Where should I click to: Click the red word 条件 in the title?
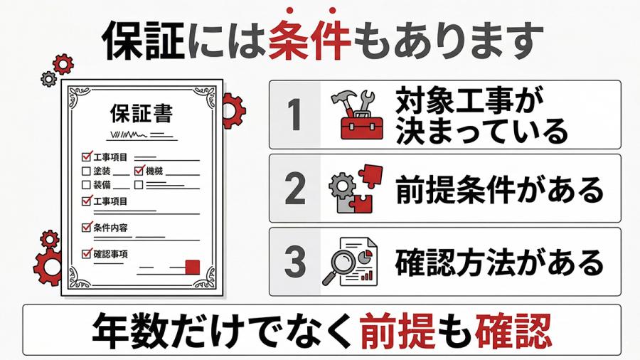tap(309, 40)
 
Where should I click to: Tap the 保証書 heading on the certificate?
tap(142, 113)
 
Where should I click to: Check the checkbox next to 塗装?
tap(86, 171)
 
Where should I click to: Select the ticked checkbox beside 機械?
tap(139, 171)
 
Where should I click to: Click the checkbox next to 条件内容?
tap(87, 227)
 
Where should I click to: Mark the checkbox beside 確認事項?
tap(87, 253)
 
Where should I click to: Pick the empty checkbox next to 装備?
tap(86, 185)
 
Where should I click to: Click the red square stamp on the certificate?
tap(193, 267)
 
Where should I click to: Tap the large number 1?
tap(294, 115)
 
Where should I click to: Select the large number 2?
tap(295, 188)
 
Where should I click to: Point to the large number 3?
tap(295, 262)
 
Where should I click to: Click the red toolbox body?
tap(362, 127)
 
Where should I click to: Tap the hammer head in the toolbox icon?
tap(340, 97)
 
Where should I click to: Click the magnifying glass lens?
tap(343, 260)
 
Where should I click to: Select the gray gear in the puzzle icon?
tap(342, 186)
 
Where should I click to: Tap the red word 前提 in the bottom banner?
tap(397, 330)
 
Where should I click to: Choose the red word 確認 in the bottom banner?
tap(513, 330)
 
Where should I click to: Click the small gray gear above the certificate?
tap(49, 78)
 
